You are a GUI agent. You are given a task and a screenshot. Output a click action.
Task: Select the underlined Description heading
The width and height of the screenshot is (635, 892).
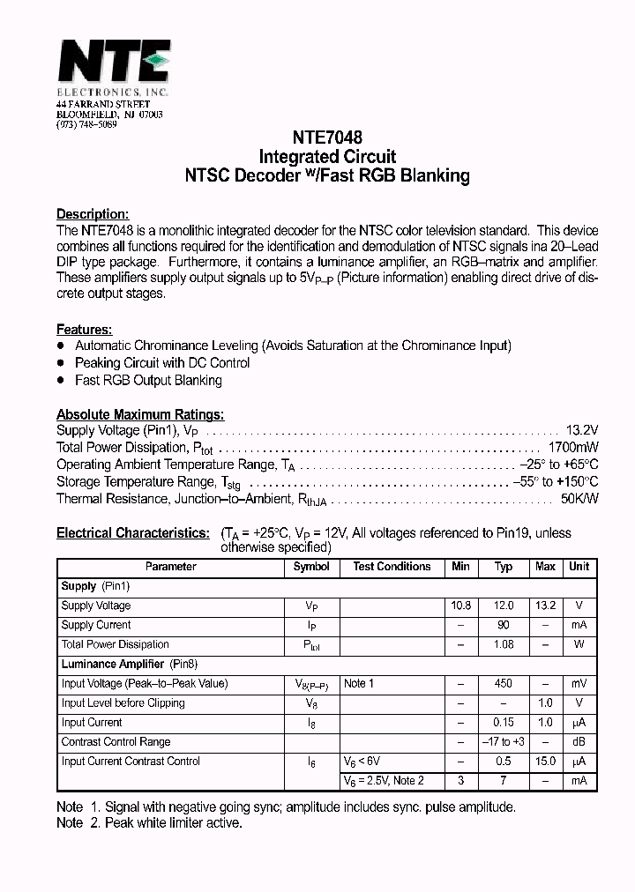93,213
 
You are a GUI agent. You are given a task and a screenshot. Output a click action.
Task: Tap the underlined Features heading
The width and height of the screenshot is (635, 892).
84,329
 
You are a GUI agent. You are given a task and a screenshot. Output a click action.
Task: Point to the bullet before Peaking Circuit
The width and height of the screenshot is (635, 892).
61,363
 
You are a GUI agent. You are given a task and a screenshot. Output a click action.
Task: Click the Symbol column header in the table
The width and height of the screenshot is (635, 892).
311,567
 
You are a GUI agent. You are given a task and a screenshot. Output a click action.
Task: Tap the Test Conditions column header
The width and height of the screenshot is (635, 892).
392,567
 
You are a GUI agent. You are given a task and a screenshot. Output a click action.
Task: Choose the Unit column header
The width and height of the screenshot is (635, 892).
579,567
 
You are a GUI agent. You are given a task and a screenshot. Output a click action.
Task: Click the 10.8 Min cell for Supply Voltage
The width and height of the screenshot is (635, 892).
460,606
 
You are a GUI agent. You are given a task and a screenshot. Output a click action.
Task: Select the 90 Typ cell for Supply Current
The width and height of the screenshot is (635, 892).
504,625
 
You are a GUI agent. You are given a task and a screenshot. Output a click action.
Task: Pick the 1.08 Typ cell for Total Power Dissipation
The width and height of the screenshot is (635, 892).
504,644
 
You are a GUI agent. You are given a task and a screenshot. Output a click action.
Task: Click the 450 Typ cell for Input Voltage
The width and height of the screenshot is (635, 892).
504,683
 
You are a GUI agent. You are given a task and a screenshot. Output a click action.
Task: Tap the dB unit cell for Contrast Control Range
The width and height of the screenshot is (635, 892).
579,741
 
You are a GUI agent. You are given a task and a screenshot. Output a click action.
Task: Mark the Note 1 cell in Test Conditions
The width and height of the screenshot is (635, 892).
359,683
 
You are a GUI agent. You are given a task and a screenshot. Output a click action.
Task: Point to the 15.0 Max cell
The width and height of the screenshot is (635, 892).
545,761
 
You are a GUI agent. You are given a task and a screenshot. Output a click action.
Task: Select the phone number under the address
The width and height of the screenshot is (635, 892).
86,125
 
